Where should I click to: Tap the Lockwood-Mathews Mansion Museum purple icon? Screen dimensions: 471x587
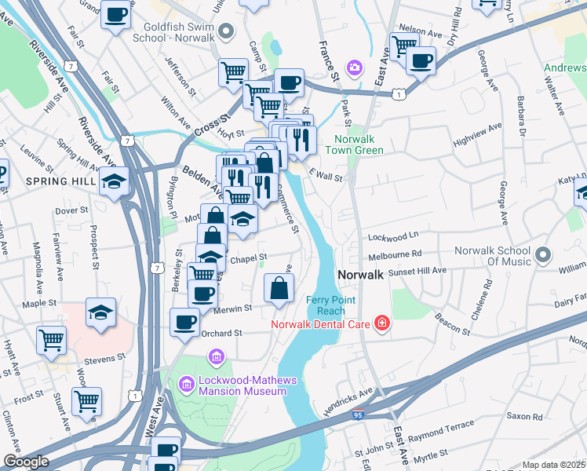point(187,384)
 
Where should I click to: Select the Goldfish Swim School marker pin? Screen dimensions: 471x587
point(227,31)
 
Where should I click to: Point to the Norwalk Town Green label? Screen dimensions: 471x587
point(354,144)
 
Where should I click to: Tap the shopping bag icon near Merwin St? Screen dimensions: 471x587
point(279,288)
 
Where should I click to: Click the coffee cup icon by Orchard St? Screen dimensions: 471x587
point(186,322)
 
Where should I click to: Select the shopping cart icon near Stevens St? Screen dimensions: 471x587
point(51,341)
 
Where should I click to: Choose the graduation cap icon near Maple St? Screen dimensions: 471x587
point(100,312)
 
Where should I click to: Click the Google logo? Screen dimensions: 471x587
point(26,461)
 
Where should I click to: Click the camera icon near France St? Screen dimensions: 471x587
point(355,68)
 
